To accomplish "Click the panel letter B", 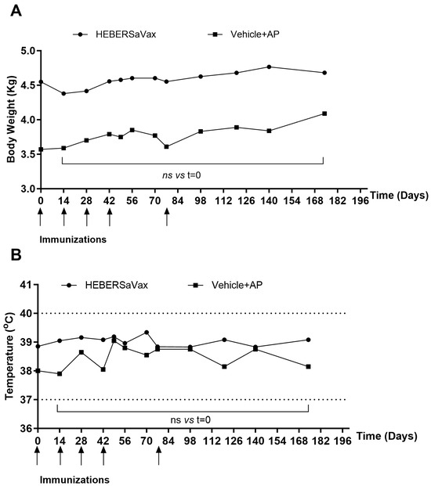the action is point(16,255).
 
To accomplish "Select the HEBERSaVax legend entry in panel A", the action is point(114,34).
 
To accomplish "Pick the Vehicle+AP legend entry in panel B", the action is point(226,285).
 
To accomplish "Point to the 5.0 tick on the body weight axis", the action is point(28,51).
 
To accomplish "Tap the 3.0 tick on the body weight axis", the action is point(28,189).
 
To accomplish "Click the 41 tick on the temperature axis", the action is point(27,285).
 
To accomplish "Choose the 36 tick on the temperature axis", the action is point(27,428).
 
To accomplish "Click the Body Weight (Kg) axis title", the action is point(11,119).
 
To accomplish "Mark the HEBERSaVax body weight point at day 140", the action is point(269,67).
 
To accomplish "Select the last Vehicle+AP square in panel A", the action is point(324,113).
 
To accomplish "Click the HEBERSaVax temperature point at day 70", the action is point(147,333).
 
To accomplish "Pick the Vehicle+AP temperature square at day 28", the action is point(81,352).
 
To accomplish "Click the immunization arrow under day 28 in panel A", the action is point(87,218).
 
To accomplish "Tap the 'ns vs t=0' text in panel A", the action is point(182,175).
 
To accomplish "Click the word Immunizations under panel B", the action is point(74,480).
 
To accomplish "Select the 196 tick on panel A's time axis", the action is point(360,201).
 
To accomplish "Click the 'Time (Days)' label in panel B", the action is point(386,437).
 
